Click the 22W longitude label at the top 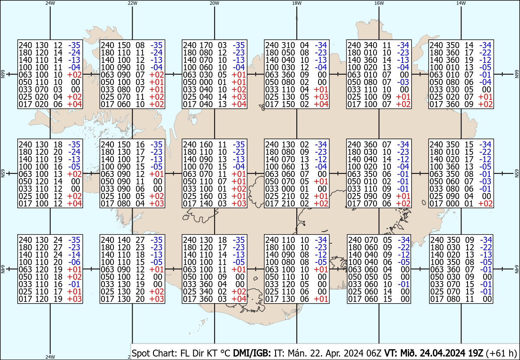[132, 3]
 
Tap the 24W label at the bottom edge [50, 357]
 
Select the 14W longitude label [461, 3]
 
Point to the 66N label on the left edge [3, 74]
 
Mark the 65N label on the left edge [3, 173]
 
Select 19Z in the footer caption [475, 353]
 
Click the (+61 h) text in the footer [501, 353]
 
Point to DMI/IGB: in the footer [252, 353]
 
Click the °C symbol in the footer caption [225, 353]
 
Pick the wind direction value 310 [288, 45]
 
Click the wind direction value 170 [206, 45]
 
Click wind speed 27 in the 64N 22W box [140, 240]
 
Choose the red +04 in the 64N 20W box [239, 299]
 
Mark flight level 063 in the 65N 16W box [354, 174]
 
